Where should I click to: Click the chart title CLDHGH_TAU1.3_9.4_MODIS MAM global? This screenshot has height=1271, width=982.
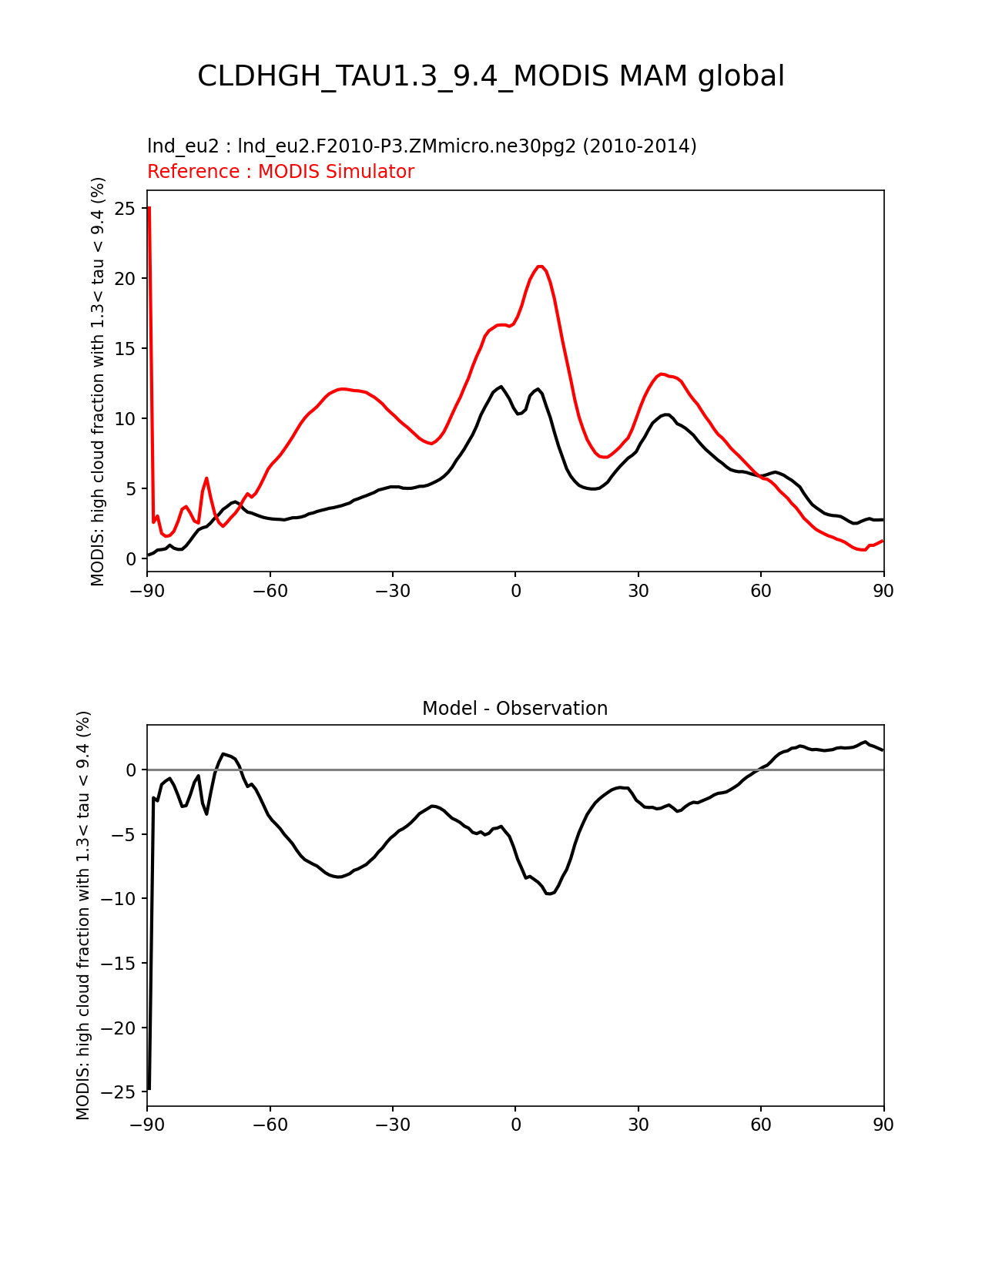click(x=491, y=76)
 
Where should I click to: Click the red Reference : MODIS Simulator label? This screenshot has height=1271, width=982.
click(x=280, y=172)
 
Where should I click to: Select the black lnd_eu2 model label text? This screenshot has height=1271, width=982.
click(x=421, y=146)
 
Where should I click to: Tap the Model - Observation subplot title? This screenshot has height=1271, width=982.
click(x=514, y=709)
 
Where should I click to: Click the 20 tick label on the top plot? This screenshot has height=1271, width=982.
click(x=126, y=279)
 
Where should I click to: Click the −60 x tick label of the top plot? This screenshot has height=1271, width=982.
click(x=270, y=591)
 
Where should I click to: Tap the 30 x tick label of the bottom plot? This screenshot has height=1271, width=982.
click(x=638, y=1125)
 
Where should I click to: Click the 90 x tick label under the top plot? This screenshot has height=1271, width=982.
click(x=883, y=591)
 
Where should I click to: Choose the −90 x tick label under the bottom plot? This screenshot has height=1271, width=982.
click(x=147, y=1125)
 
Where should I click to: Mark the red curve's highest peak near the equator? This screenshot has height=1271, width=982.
click(x=541, y=266)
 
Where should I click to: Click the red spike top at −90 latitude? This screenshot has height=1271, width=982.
click(x=149, y=207)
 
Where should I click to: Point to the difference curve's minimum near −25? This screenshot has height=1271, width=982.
click(x=149, y=1088)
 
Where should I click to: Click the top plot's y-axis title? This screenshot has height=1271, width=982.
click(x=98, y=381)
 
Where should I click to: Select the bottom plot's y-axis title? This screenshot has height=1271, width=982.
click(x=83, y=915)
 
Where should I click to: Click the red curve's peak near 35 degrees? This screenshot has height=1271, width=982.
click(x=662, y=374)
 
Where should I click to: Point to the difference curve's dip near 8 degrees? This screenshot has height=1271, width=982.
click(x=549, y=894)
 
